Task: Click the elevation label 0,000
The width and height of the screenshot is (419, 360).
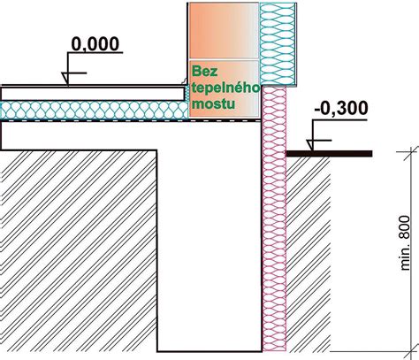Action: click(x=95, y=44)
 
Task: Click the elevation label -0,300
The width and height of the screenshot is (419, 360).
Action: click(x=341, y=108)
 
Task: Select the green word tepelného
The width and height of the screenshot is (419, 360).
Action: click(x=225, y=88)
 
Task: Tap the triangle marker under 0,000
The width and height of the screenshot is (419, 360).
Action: click(x=65, y=79)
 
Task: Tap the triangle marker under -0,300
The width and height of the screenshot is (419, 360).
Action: click(x=310, y=145)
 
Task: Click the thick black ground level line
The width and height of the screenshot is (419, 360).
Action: click(x=329, y=154)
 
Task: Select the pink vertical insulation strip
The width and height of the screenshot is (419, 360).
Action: click(x=274, y=218)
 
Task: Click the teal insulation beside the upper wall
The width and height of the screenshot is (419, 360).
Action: click(x=278, y=44)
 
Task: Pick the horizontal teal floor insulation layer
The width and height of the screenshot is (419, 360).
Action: click(x=95, y=111)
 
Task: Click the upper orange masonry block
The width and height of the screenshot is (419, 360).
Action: click(x=224, y=31)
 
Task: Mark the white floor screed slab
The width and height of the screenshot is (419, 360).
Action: click(x=92, y=94)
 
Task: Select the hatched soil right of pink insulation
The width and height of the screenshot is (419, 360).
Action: click(x=309, y=254)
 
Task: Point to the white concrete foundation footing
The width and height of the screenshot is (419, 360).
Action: click(x=209, y=236)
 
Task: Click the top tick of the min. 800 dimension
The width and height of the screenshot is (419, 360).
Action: click(x=411, y=151)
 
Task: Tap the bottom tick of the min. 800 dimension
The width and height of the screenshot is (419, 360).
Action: click(x=411, y=351)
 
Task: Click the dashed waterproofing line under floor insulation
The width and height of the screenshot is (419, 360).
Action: click(x=130, y=120)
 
